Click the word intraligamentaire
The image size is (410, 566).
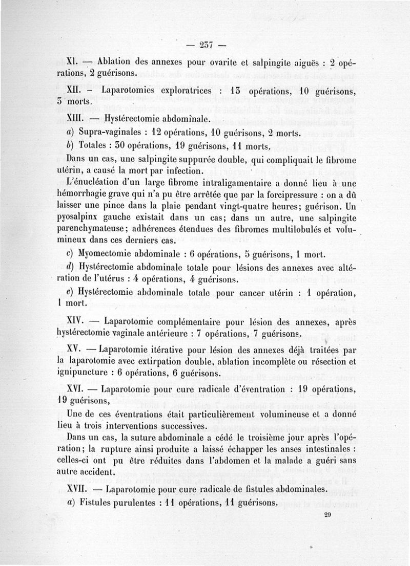tap(233, 183)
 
